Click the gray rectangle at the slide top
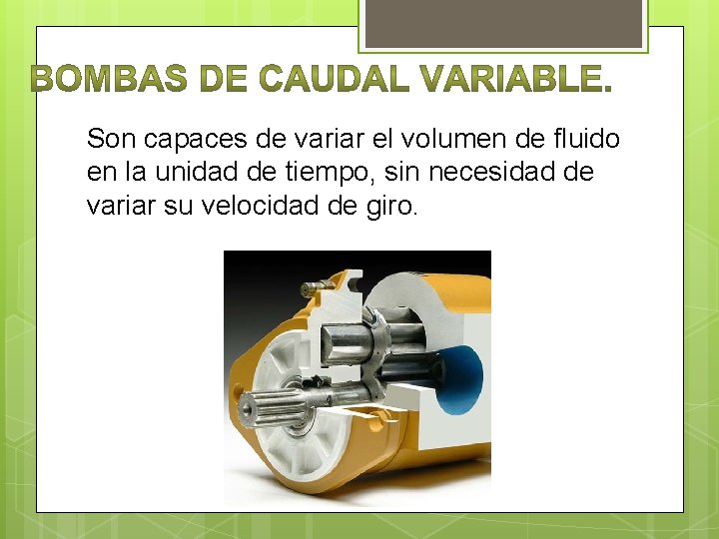pos(504,23)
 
